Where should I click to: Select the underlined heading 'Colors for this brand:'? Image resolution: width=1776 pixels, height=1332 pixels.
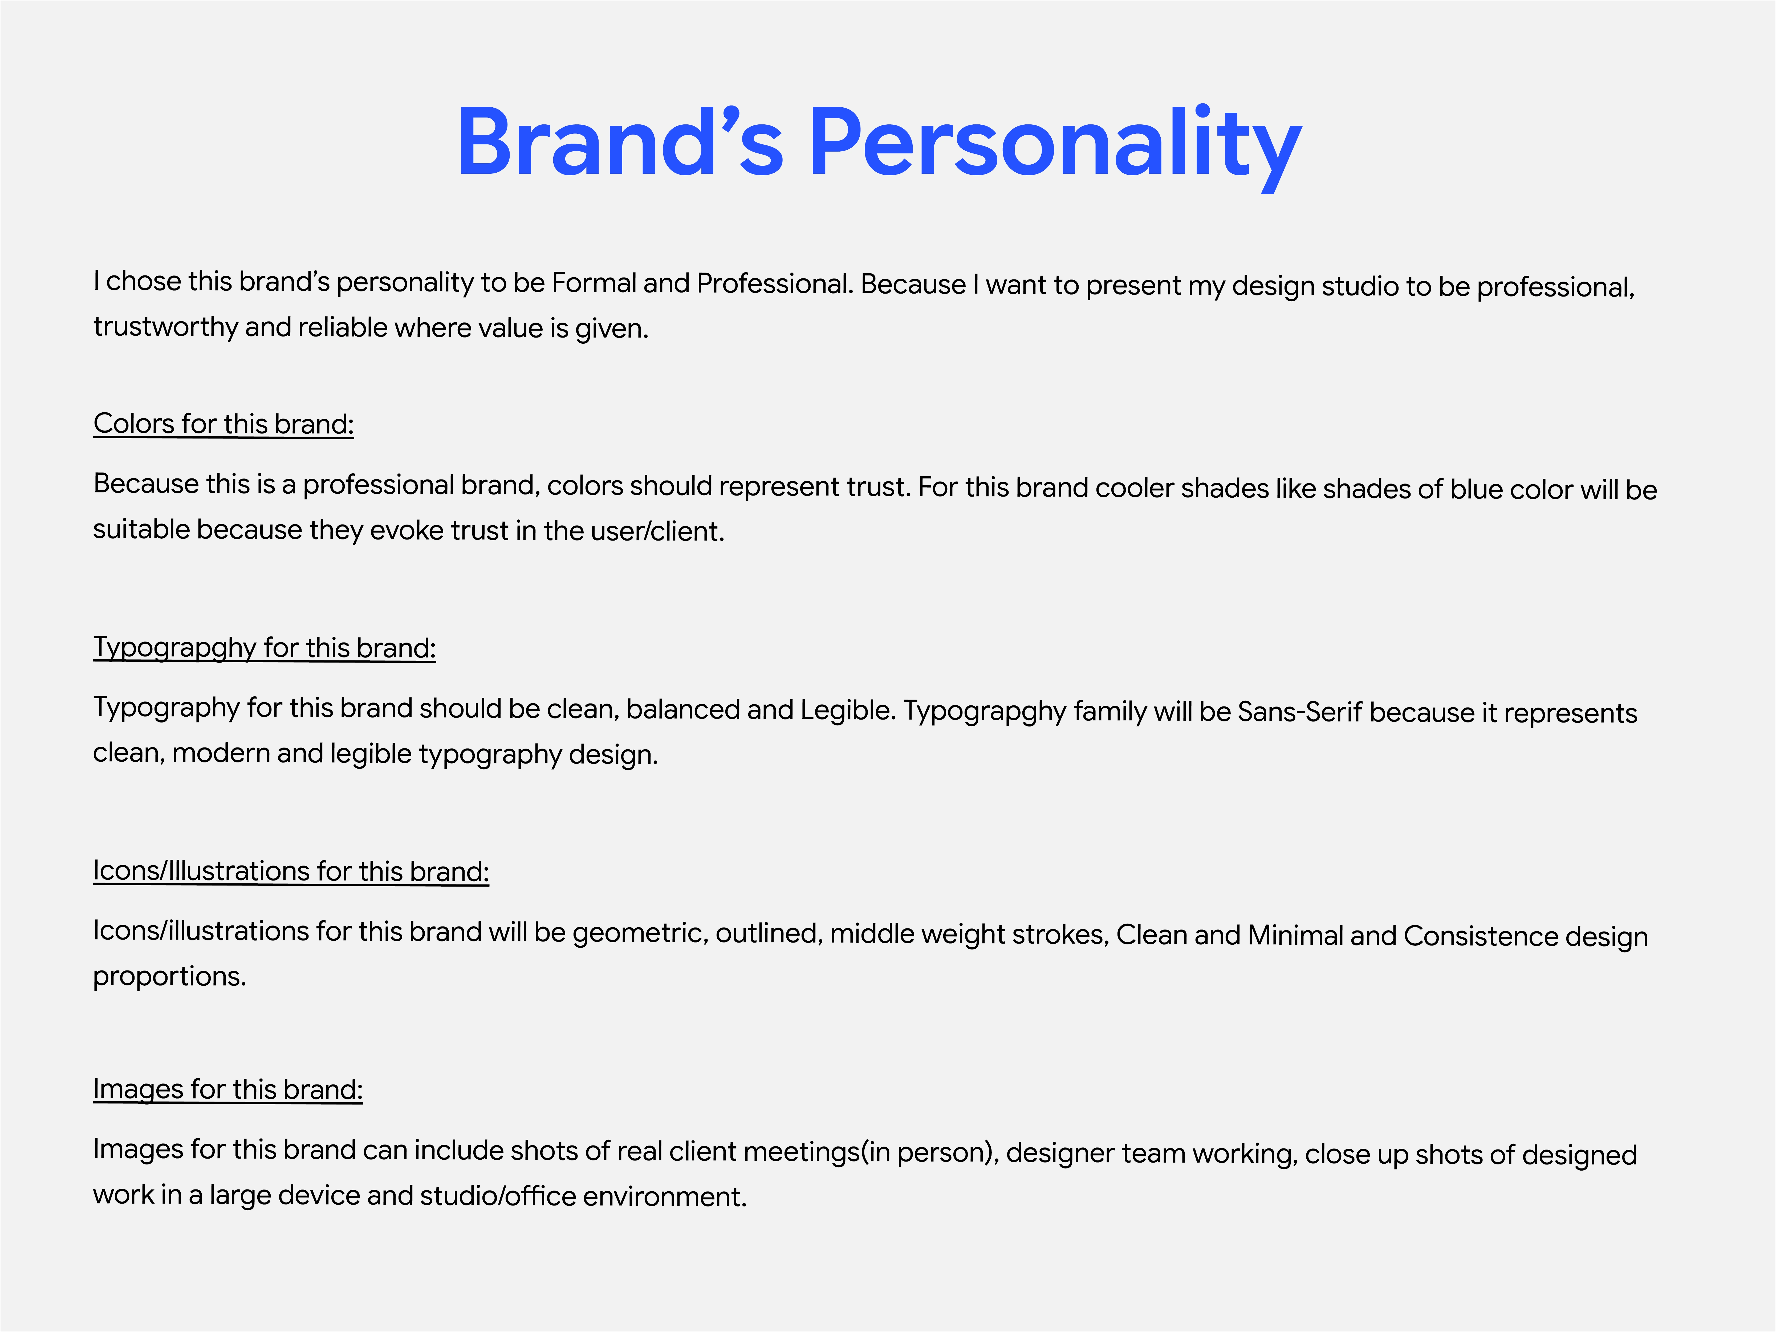pyautogui.click(x=223, y=424)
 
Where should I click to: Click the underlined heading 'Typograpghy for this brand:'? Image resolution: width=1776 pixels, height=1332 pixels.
pyautogui.click(x=264, y=648)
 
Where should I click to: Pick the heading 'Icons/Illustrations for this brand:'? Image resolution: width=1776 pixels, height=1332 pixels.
pyautogui.click(x=291, y=871)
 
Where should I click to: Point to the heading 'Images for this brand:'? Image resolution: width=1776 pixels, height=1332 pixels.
pyautogui.click(x=228, y=1090)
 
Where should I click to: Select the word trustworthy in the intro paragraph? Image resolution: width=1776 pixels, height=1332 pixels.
pyautogui.click(x=165, y=328)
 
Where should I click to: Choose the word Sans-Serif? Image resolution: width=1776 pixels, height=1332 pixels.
pyautogui.click(x=1300, y=711)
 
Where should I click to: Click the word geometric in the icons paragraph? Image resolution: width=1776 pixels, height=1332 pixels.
pyautogui.click(x=640, y=933)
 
